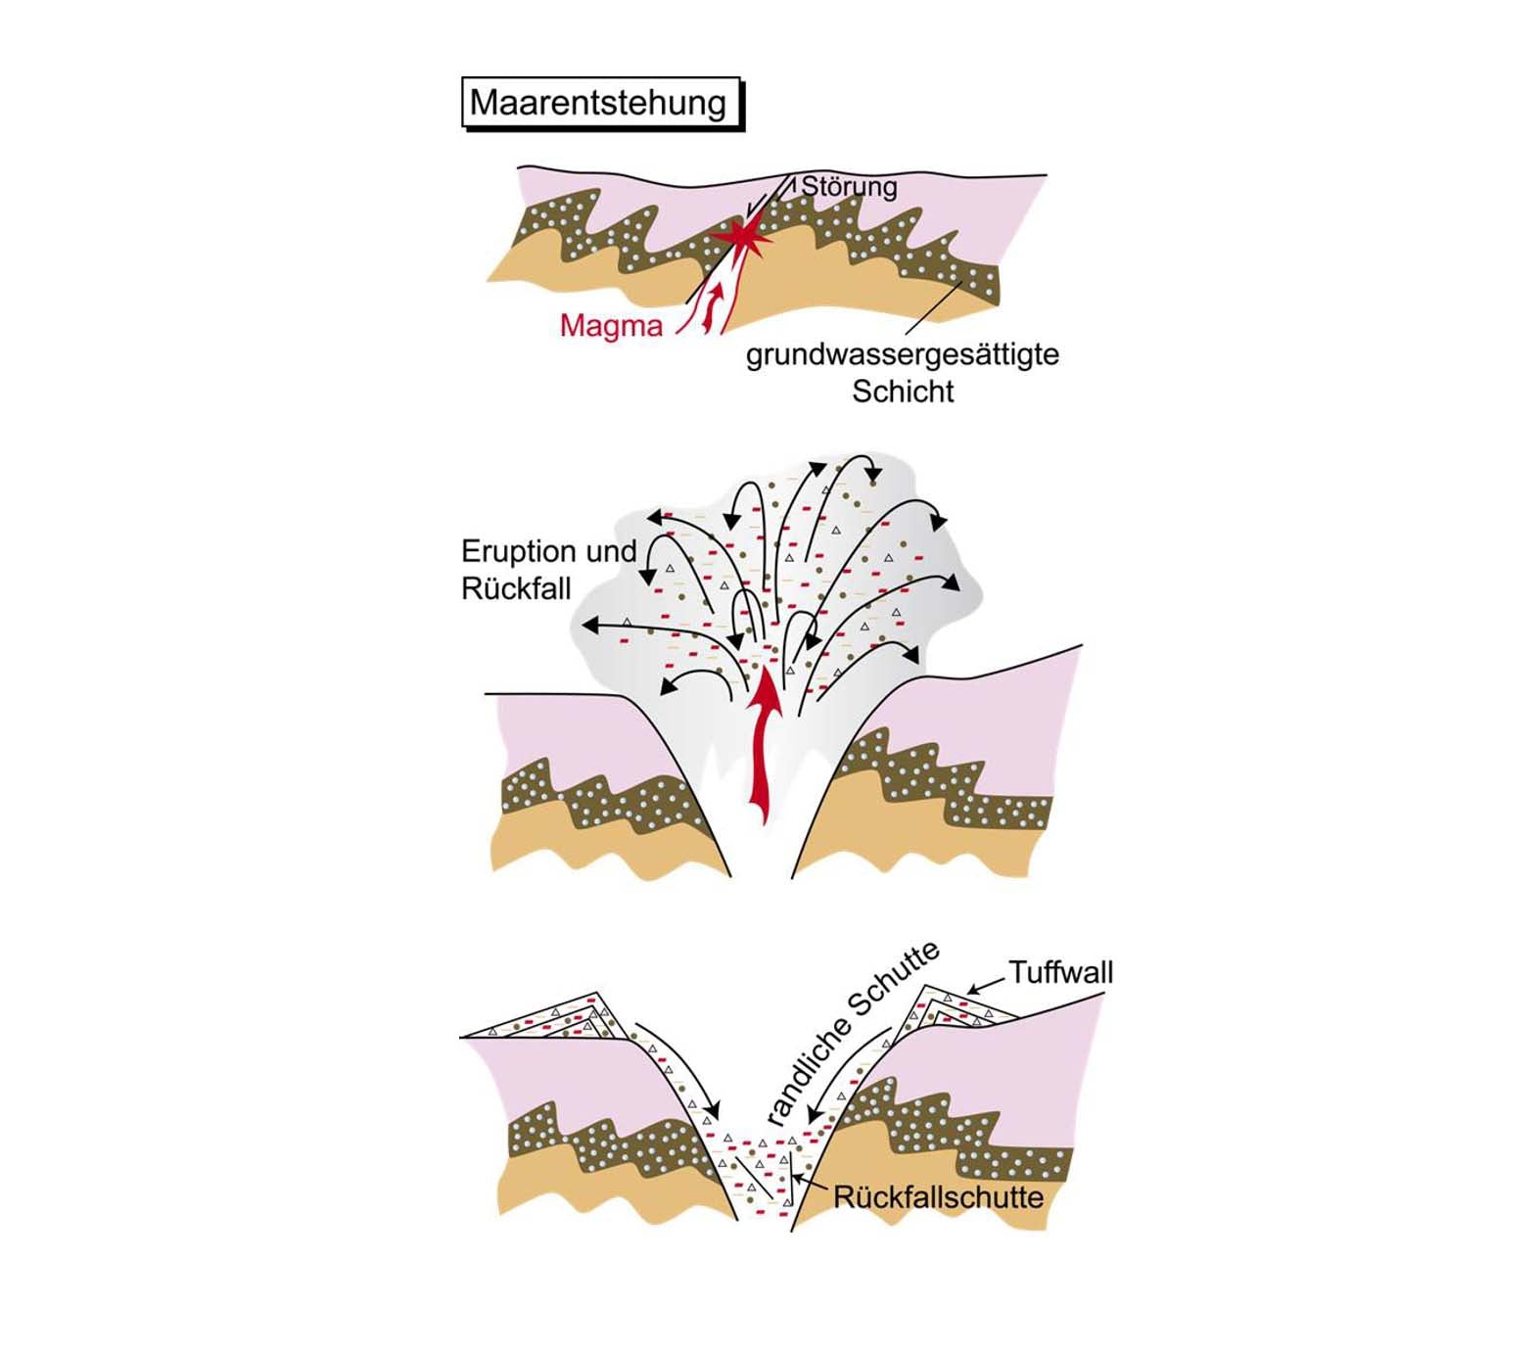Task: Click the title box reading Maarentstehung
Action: pos(599,102)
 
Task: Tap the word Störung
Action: pos(849,186)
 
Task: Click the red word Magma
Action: pos(611,325)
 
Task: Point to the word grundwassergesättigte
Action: pos(902,353)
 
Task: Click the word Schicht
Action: pos(902,392)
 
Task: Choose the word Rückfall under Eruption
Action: pos(516,588)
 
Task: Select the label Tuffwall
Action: pos(1060,972)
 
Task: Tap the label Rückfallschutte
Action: pos(938,1197)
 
